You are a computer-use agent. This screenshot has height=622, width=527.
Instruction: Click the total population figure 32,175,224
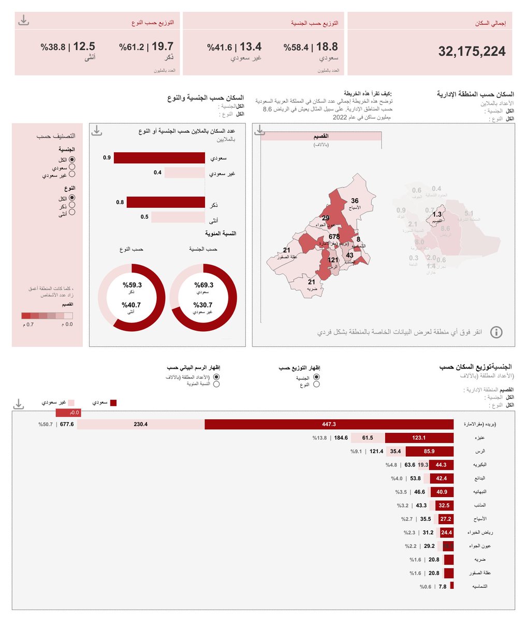pyautogui.click(x=472, y=51)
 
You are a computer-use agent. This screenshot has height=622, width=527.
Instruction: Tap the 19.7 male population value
pyautogui.click(x=163, y=47)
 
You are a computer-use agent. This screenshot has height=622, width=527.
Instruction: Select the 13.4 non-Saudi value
pyautogui.click(x=251, y=47)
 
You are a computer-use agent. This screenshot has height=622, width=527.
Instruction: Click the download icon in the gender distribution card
pyautogui.click(x=23, y=21)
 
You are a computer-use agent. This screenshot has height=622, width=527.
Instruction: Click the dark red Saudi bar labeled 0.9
pyautogui.click(x=160, y=158)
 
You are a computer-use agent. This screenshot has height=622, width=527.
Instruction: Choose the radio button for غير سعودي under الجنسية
pyautogui.click(x=72, y=175)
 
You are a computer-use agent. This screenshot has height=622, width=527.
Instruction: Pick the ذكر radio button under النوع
pyautogui.click(x=72, y=205)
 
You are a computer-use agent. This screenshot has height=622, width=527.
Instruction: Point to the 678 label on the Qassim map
pyautogui.click(x=334, y=237)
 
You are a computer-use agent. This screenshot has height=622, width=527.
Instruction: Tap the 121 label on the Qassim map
pyautogui.click(x=333, y=260)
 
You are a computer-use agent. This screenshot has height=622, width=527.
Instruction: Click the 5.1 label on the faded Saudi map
pyautogui.click(x=469, y=214)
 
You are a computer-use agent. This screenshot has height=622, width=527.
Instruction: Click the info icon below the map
pyautogui.click(x=496, y=332)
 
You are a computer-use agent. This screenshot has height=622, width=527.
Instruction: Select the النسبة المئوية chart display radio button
pyautogui.click(x=216, y=384)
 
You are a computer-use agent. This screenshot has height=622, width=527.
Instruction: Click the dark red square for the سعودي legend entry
pyautogui.click(x=113, y=403)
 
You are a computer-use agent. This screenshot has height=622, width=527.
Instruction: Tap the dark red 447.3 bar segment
pyautogui.click(x=329, y=424)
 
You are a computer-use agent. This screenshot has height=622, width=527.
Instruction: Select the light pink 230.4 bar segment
pyautogui.click(x=141, y=424)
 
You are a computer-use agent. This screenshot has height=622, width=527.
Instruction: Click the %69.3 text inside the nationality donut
pyautogui.click(x=204, y=285)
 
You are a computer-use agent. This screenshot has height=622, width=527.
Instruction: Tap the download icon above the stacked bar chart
pyautogui.click(x=19, y=404)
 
